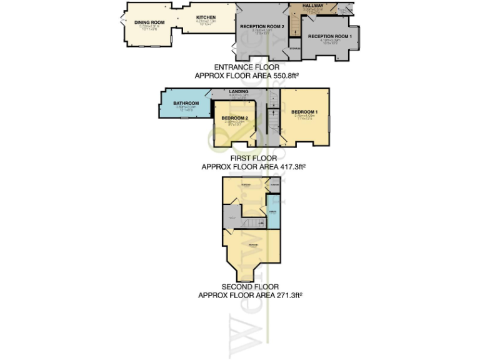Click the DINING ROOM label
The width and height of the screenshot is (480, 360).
pos(149,22)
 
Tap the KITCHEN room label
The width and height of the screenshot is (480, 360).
pos(206,17)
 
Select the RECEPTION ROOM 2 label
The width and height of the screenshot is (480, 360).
pos(262,26)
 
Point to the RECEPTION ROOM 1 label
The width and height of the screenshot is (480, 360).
pos(330,36)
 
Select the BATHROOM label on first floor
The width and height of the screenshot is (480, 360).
pos(186,103)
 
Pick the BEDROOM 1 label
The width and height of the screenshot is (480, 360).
pos(305,111)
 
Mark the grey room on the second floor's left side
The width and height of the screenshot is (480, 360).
pos(231,217)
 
